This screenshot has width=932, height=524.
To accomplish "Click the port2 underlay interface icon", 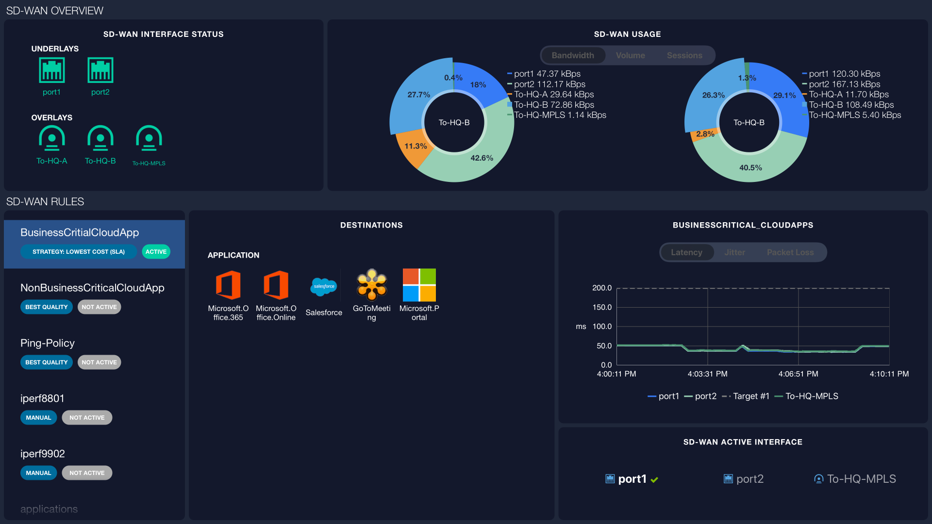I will [x=100, y=70].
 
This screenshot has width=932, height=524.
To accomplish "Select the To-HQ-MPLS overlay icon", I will [x=149, y=138].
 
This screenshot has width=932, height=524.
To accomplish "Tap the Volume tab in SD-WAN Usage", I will [x=630, y=55].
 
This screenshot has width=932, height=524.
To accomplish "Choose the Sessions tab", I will [x=684, y=55].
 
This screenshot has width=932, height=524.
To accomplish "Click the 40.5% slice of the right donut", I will [x=750, y=167].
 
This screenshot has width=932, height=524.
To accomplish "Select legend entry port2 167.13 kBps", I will [x=844, y=84].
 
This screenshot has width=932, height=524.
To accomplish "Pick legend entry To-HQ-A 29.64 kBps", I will [x=553, y=95].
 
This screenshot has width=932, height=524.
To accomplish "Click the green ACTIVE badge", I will [x=156, y=251].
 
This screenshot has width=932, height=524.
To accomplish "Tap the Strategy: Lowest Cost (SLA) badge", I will [x=78, y=251].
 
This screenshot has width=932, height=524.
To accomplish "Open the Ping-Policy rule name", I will [x=48, y=343].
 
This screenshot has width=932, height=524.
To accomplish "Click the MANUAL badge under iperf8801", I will [x=38, y=417].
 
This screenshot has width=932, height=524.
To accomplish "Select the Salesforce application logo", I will [x=324, y=286].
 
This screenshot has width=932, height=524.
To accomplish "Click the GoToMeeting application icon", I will [x=371, y=285].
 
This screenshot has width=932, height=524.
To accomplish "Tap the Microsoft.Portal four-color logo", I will [x=419, y=285].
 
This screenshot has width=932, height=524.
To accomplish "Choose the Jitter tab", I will [x=734, y=252].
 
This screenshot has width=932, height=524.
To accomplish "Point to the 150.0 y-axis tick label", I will [x=602, y=307].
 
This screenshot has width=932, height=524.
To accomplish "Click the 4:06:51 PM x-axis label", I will [x=798, y=374].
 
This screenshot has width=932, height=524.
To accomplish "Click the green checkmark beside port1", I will [x=654, y=479].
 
